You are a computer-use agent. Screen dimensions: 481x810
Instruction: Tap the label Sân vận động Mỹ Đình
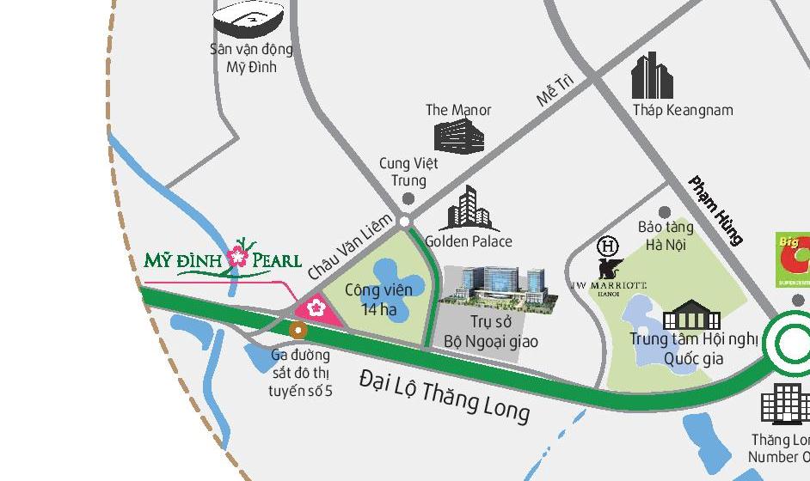[x=251, y=58]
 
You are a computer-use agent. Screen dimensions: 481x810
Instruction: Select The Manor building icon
[x=458, y=136]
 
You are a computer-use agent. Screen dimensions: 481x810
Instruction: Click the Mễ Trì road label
[x=555, y=89]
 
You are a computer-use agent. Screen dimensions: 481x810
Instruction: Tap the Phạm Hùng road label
[x=715, y=210]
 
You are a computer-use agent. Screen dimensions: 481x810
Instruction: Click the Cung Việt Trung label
[x=408, y=172]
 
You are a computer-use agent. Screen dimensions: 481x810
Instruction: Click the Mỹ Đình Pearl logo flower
[x=238, y=256]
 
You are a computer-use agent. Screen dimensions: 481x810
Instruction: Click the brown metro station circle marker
[x=298, y=330]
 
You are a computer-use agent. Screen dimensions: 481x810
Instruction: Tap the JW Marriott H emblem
[x=608, y=247]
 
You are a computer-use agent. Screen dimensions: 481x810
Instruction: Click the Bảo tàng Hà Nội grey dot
[x=664, y=211]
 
